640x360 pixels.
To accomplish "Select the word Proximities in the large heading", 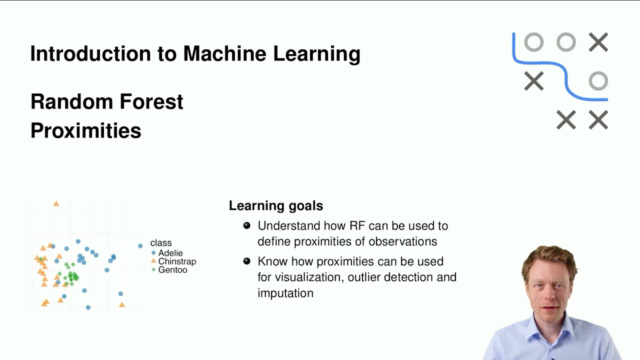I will pos(85,130).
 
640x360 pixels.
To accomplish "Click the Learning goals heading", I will pos(275,205).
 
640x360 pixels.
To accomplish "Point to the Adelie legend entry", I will pos(170,253).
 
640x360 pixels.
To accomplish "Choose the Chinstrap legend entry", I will pos(176,261).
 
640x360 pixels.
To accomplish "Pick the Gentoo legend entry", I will pos(172,270).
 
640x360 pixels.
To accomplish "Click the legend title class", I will pos(160,243).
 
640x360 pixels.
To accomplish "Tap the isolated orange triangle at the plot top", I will pos(56,203).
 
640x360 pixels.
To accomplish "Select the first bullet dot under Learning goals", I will pos(246,225).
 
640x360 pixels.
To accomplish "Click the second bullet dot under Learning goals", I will pos(246,261).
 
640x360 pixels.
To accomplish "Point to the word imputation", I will pos(285,293).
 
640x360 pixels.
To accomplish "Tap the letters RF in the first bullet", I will pos(357,225).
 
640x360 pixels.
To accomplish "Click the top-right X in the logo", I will pos(598,42).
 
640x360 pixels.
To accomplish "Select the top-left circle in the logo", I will pos(533,42).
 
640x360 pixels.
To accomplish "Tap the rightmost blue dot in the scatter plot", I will pos(140,245).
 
